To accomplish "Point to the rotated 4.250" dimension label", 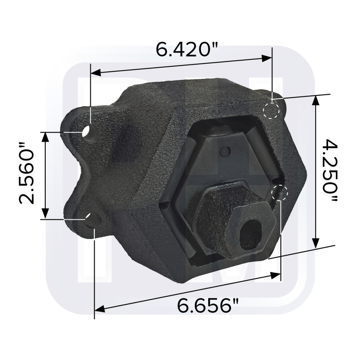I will tap(329, 171).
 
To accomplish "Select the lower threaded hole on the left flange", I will tap(92, 218).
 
